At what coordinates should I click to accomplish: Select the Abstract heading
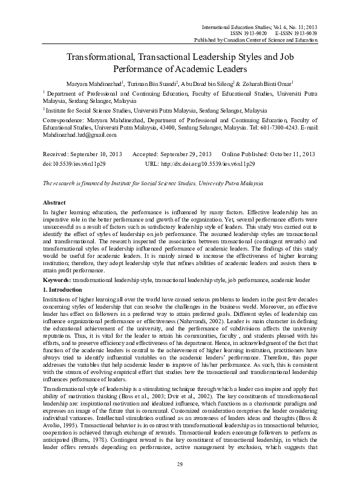pos(55,202)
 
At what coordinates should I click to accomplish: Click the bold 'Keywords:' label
pos(56,282)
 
